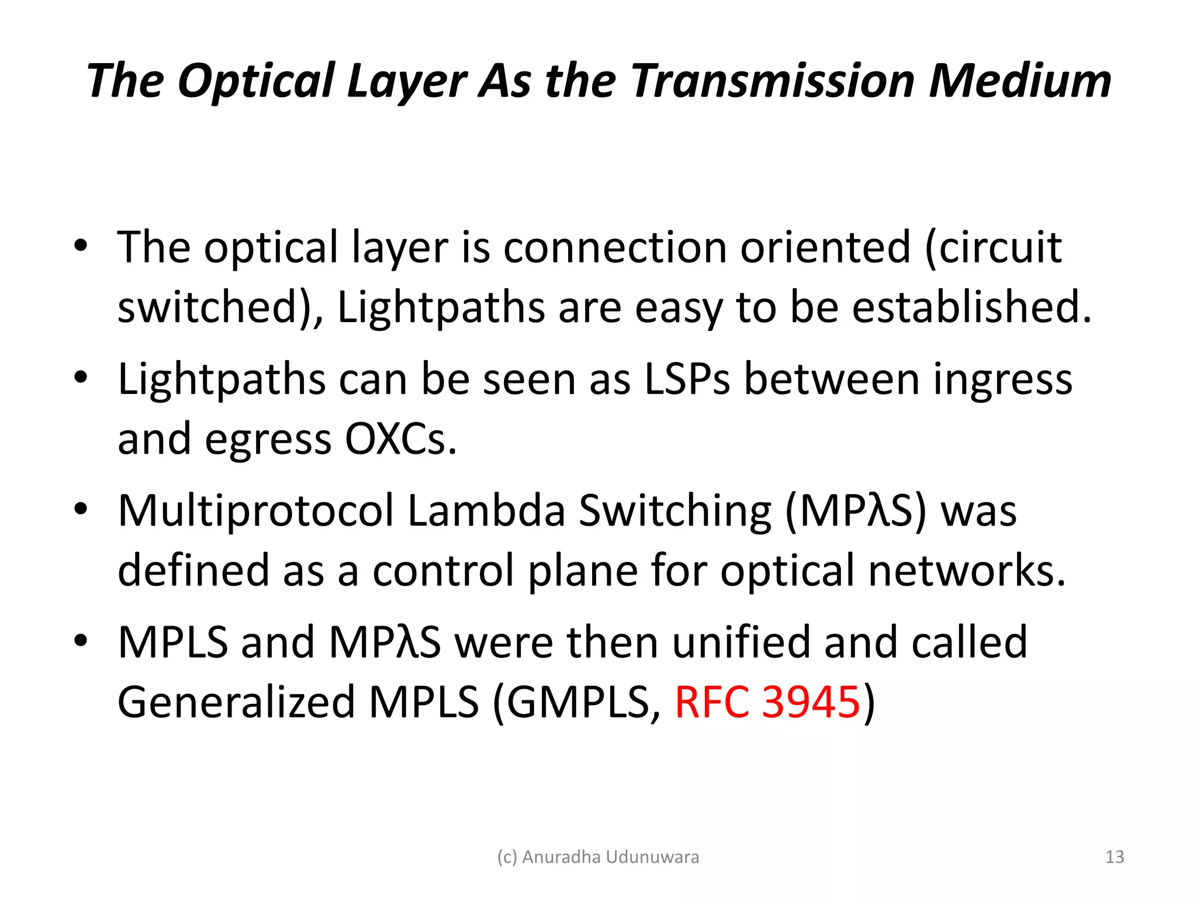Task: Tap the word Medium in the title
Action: [1020, 81]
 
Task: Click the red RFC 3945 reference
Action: [767, 702]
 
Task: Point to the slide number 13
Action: [1115, 857]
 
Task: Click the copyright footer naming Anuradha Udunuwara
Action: [598, 857]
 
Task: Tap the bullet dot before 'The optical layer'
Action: [81, 246]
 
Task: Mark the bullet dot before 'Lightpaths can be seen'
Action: [81, 377]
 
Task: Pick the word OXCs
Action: [400, 440]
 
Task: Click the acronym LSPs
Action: [687, 380]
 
